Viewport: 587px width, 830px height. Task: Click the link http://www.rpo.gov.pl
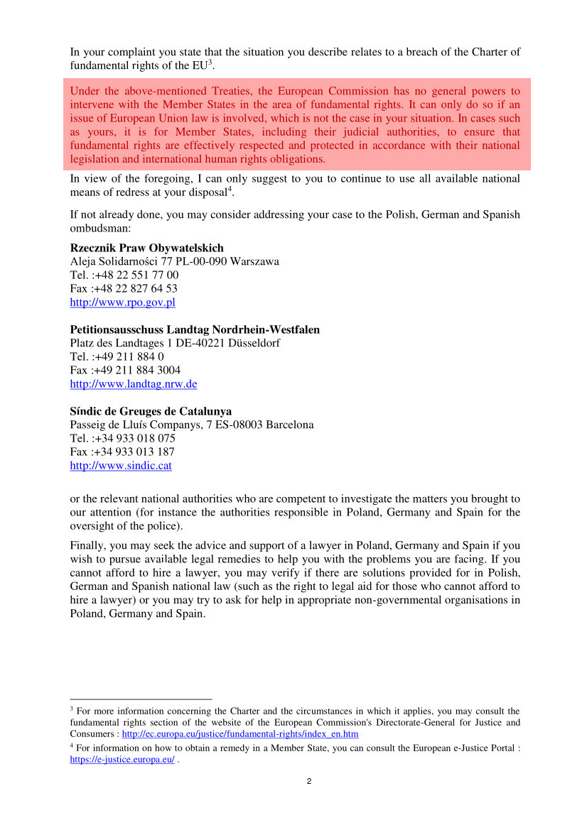point(122,302)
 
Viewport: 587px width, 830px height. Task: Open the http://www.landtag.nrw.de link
point(133,384)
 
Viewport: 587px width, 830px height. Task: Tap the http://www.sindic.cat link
point(121,466)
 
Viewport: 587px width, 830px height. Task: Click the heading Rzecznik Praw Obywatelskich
point(146,248)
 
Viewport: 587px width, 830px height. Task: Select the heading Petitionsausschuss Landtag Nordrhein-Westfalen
point(195,329)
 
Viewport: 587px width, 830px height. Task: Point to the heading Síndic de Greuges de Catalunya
point(151,411)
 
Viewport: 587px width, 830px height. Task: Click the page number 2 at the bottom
point(308,782)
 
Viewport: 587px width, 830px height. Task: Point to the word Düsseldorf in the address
point(253,343)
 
